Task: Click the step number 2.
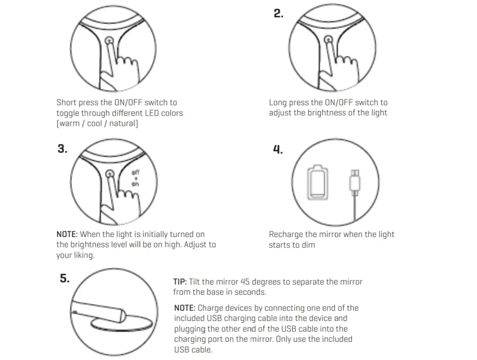tap(278, 14)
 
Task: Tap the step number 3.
tap(62, 149)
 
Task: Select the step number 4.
tap(278, 149)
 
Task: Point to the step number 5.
tap(64, 278)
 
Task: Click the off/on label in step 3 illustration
tap(136, 178)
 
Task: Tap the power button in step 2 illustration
tap(328, 41)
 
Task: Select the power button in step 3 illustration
tap(110, 174)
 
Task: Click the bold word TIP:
tap(180, 282)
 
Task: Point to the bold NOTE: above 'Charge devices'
tap(185, 308)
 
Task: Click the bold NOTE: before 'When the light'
tap(67, 234)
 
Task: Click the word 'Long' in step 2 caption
tap(278, 102)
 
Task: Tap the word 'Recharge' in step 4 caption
tap(286, 234)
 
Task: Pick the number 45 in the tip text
tap(245, 282)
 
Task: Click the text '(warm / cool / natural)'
tap(97, 123)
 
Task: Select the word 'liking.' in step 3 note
tap(82, 255)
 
